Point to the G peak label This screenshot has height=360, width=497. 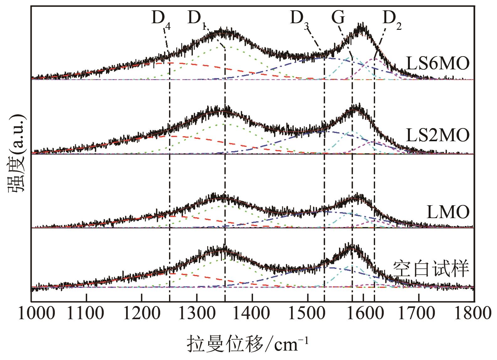338,18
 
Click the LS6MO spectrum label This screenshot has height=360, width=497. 438,64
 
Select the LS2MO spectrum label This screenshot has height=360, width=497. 438,136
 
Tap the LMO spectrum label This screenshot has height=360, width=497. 448,212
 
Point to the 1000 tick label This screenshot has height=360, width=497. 31,314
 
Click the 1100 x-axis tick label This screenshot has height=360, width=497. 87,314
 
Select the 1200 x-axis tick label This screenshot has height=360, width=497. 142,314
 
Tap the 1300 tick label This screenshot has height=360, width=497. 197,314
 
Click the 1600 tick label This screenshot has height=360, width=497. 363,314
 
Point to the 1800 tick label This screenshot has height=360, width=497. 473,314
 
